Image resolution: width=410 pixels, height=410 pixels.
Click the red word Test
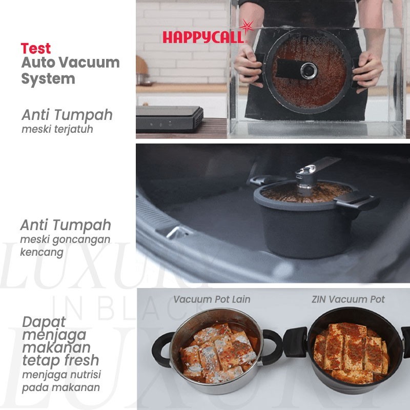coord(36,48)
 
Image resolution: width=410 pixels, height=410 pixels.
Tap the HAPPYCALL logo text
coord(203,37)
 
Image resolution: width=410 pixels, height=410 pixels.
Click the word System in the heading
coord(48,79)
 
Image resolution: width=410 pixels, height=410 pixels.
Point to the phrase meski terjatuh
coord(57,129)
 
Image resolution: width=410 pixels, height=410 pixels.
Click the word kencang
coord(42,252)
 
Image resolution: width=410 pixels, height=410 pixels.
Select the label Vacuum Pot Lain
coord(212,299)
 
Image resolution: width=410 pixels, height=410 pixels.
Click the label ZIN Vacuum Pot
coord(348,299)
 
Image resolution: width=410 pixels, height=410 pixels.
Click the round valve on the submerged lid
coord(309,71)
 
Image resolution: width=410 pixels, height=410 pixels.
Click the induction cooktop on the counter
coord(170,118)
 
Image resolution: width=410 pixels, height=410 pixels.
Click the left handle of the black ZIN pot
coord(296,342)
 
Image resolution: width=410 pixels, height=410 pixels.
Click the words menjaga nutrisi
coord(61,375)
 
